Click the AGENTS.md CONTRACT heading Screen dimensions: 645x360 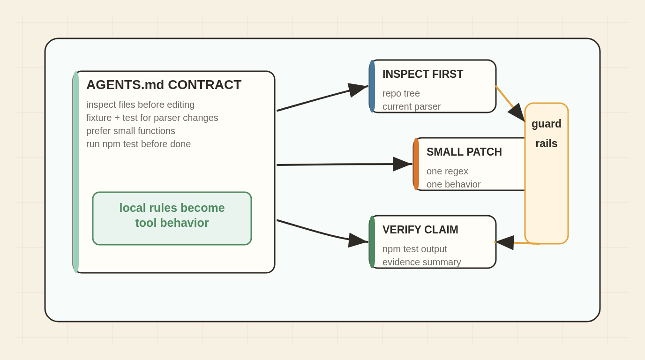164,85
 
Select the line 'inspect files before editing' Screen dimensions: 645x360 140,105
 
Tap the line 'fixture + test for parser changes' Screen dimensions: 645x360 152,118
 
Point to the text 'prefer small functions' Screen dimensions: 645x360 130,131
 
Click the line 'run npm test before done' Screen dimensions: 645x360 138,144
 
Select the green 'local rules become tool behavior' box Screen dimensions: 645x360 172,218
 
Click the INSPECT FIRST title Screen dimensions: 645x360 423,74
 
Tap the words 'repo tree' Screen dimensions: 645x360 401,93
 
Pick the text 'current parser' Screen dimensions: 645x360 411,106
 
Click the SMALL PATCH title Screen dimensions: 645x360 464,152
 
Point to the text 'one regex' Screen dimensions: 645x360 447,171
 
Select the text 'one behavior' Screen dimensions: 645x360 453,184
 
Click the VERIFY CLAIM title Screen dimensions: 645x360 420,230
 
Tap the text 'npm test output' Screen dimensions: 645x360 414,249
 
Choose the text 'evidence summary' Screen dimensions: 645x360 421,262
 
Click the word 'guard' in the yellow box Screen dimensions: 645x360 546,124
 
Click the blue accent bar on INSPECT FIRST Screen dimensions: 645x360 372,86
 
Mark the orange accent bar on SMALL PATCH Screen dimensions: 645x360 416,164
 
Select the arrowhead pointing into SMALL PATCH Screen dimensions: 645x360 402,164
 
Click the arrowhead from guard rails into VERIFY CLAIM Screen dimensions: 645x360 504,242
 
